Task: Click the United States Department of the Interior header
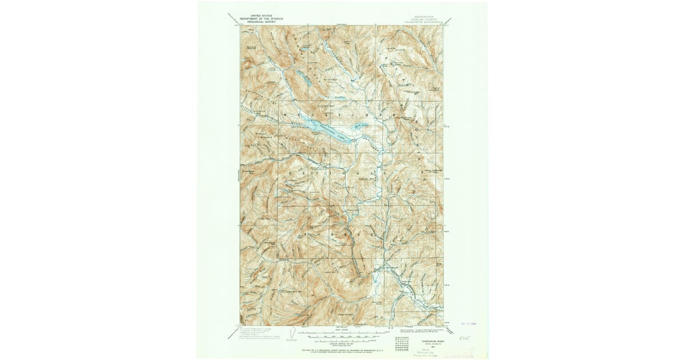257,19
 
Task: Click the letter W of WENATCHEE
285,114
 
